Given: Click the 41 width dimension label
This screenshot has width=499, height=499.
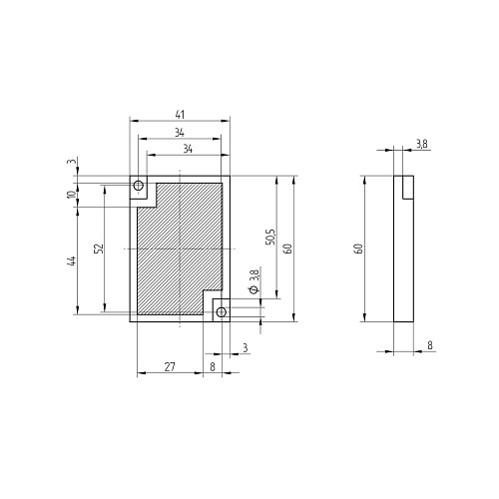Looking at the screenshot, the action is pos(180,115).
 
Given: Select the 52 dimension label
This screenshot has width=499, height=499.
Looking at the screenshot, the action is pos(99,249).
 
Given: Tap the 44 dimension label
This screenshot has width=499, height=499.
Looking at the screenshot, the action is pos(72,260).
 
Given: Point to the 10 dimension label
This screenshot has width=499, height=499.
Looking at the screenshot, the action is pos(72,195).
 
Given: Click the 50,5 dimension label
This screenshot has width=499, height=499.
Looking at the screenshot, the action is pos(270,237).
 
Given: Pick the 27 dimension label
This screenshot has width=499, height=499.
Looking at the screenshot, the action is pos(170,367).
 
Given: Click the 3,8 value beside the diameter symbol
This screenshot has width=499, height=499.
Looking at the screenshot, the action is pos(254,276).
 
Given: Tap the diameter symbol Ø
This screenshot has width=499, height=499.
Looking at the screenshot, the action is pos(254,289).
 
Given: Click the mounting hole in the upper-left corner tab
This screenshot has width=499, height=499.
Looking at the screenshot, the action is pos(138,186).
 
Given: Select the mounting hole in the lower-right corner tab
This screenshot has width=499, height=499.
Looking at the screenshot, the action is pos(222,312).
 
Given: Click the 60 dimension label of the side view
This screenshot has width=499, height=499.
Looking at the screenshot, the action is pos(359,249).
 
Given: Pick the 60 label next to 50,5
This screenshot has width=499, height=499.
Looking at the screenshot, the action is pos(287,249).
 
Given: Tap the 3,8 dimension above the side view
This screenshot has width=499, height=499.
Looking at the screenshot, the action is pos(422,144).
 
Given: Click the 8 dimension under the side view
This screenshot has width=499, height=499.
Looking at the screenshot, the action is pos(430,345).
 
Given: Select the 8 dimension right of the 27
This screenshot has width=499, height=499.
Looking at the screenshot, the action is pos(213,367).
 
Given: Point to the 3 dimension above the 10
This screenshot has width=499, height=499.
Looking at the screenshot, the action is pos(73,162).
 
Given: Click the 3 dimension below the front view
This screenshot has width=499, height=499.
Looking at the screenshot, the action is pos(246,348).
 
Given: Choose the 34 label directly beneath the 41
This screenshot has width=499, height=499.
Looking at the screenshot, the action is pos(180,133).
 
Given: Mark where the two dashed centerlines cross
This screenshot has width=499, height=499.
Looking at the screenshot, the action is pos(180,249).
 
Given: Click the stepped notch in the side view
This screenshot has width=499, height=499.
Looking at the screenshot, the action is pos(408,188).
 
